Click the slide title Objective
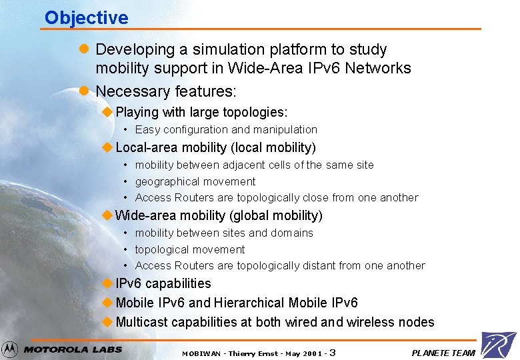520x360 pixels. [x=86, y=17]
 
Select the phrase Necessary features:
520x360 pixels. [x=166, y=91]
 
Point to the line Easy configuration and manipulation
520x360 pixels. [x=226, y=129]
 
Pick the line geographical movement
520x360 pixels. [x=195, y=181]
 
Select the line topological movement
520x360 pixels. [x=190, y=249]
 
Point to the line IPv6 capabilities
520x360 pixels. [x=163, y=283]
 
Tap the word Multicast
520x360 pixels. [x=142, y=322]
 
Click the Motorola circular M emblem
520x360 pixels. [x=10, y=349]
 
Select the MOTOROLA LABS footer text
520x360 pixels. [x=73, y=349]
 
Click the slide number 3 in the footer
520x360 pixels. [x=332, y=352]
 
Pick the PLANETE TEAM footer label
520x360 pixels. [x=443, y=353]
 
